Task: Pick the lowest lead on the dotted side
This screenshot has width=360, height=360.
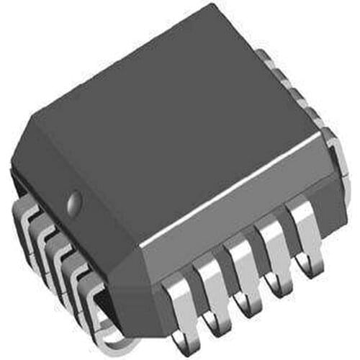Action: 101,317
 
